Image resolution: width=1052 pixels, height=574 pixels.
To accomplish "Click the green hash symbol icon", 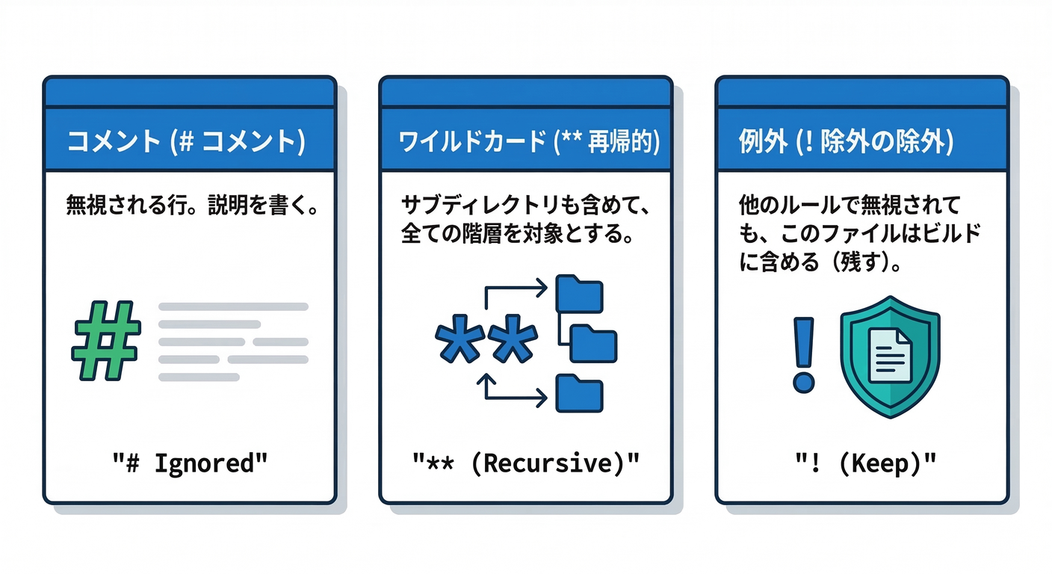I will point(105,341).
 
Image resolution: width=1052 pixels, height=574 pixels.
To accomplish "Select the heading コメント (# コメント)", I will point(186,143).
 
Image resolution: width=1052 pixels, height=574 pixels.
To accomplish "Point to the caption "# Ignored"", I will point(190,463).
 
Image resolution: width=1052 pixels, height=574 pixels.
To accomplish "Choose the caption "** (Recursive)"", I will point(526,463).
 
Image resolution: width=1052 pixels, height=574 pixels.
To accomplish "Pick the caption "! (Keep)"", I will point(862,463).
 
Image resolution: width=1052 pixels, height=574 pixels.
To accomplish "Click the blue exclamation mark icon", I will point(803,354).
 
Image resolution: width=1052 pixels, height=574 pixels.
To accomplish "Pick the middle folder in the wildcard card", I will point(593,343).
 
